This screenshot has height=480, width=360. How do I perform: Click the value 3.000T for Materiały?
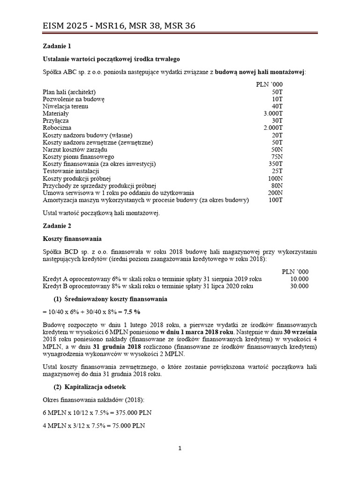[273, 113]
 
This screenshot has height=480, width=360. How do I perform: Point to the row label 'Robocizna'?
[58, 127]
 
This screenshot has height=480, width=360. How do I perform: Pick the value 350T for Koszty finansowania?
[275, 164]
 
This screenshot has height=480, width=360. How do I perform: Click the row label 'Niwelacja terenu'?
[65, 106]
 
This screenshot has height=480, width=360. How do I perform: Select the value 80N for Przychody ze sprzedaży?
[276, 185]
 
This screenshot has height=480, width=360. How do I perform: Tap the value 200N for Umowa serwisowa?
[275, 192]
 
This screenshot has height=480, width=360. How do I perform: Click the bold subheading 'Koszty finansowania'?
[72, 239]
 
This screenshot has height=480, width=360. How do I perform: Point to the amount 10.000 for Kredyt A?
[300, 278]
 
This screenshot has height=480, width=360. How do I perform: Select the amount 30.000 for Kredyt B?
[300, 285]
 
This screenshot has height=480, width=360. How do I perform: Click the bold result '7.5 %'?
[131, 312]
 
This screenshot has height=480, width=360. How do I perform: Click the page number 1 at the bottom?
[180, 448]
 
